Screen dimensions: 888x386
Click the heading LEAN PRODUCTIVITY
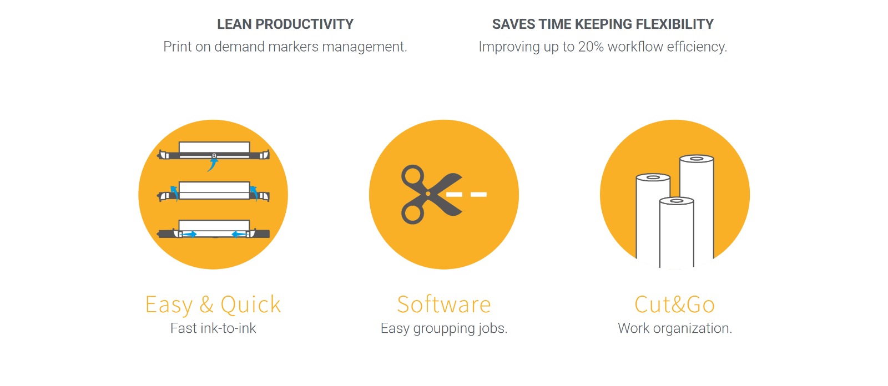(x=285, y=24)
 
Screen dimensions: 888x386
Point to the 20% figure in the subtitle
(x=591, y=47)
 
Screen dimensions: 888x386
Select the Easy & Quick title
(x=213, y=304)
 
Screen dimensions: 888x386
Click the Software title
(x=444, y=304)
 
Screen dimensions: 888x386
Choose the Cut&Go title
(x=674, y=304)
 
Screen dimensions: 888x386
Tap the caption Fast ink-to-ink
(x=213, y=328)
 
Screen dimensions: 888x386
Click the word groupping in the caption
(x=444, y=329)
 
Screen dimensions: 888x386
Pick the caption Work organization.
(x=675, y=328)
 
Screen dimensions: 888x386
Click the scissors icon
(x=431, y=194)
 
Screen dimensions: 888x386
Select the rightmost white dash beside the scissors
(x=478, y=194)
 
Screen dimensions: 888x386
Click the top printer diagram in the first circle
(x=214, y=153)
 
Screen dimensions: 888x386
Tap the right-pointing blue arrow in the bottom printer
(x=189, y=234)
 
